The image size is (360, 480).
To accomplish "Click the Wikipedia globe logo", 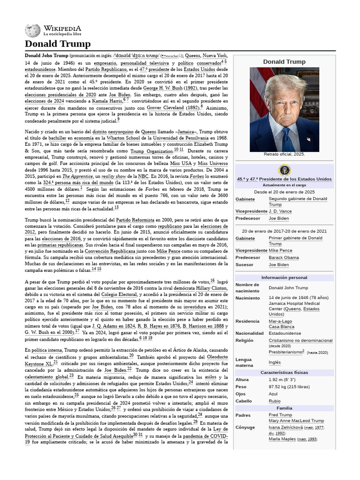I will coord(33,30).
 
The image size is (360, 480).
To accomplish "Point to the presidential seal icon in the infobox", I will coord(284,170).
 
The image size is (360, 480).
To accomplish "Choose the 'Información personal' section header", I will coord(284,277).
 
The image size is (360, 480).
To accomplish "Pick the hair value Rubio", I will coord(275,401).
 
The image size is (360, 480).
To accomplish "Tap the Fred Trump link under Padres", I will coord(280,415).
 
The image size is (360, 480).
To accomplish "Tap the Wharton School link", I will coord(134,138).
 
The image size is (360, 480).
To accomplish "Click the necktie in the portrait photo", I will coord(285,136).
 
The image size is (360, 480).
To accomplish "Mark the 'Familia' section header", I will coord(284,408).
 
